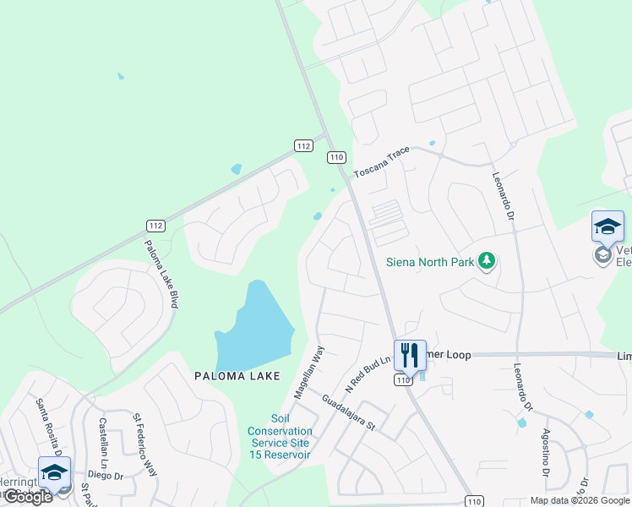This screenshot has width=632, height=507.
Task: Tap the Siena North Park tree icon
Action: (486, 261)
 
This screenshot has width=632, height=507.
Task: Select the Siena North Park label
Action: (431, 262)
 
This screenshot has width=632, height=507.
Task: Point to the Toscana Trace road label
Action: (381, 160)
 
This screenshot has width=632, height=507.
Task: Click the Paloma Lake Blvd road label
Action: (161, 272)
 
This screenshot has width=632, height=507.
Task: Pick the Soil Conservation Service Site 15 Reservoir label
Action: (280, 437)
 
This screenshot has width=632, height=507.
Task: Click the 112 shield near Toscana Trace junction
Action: (304, 146)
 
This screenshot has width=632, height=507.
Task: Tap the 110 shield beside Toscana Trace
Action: (337, 157)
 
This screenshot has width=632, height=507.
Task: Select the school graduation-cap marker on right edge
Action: (607, 226)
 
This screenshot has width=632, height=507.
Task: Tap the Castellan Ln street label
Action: (103, 438)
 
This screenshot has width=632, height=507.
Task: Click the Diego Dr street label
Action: (107, 476)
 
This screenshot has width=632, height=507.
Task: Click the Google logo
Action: (28, 497)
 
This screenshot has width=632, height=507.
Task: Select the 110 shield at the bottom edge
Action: (475, 501)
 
